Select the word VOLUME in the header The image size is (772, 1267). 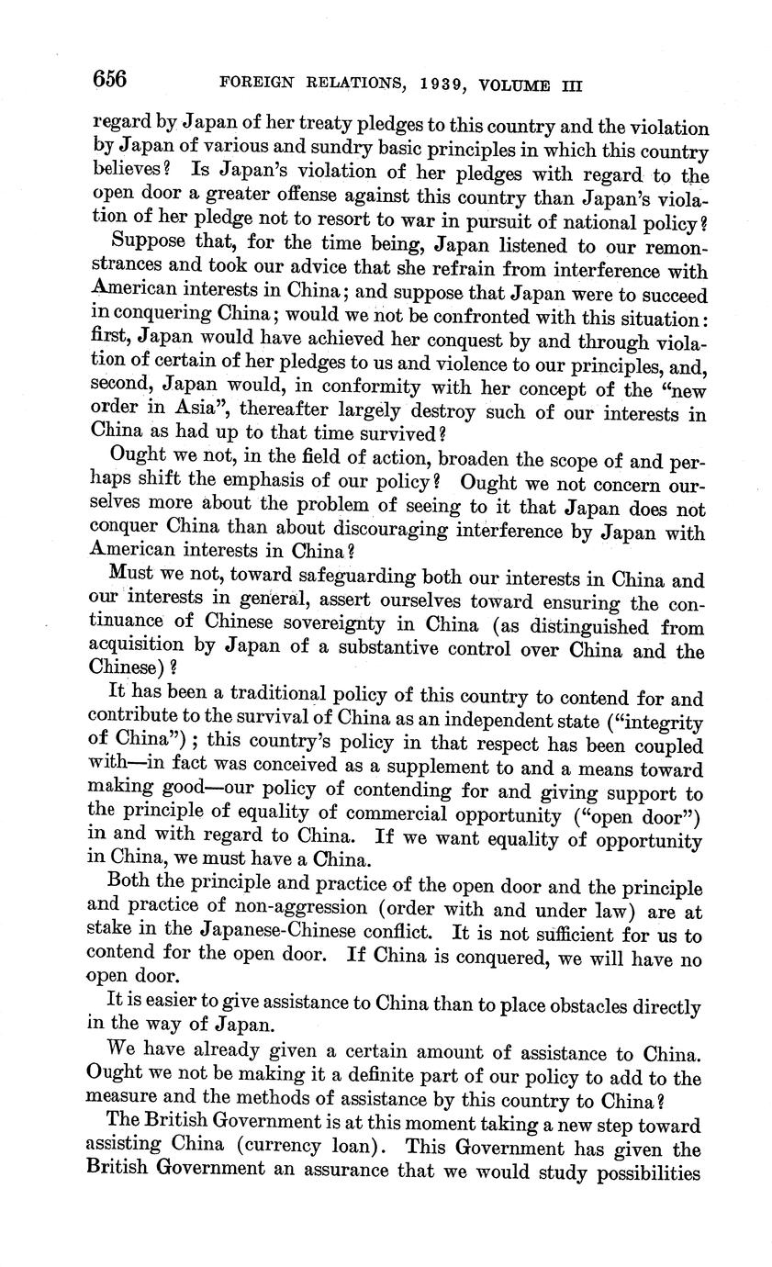505,85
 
